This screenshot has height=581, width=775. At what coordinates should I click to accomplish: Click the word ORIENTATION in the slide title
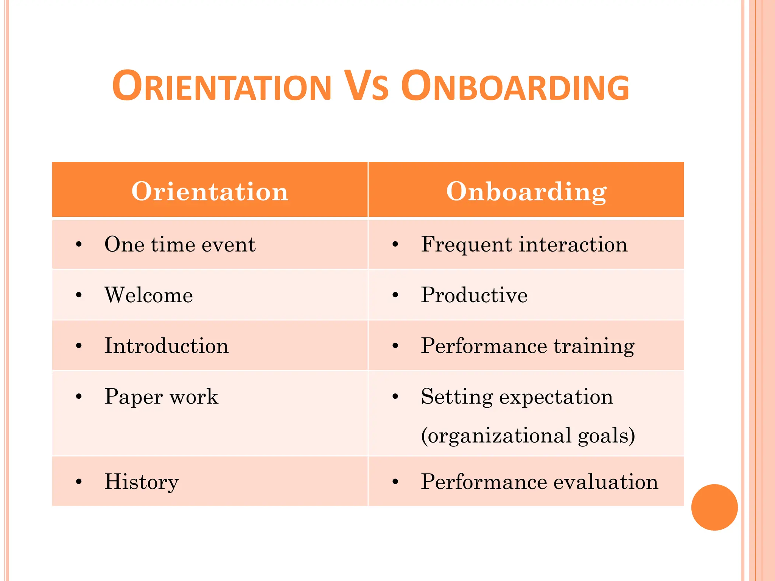(x=222, y=87)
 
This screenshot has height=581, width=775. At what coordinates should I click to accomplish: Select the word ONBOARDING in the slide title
(x=515, y=87)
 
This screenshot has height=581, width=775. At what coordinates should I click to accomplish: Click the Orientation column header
(x=210, y=191)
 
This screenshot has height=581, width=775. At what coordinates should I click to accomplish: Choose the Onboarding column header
(x=526, y=191)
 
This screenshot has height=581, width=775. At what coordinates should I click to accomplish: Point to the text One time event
(x=180, y=244)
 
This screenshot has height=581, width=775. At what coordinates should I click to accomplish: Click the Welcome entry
(x=149, y=295)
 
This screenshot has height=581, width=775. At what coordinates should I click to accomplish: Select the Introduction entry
(x=167, y=346)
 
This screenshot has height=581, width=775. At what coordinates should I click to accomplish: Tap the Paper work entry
(x=162, y=397)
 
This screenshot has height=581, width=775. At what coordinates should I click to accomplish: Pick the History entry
(x=142, y=482)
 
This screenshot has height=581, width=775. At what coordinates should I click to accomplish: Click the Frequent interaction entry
(x=524, y=244)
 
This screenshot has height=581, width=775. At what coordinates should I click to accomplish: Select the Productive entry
(x=474, y=295)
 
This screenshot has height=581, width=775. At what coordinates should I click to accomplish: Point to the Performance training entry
(x=528, y=346)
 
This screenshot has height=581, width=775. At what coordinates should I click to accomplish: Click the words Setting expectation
(x=517, y=397)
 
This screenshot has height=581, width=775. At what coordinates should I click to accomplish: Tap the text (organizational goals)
(x=528, y=435)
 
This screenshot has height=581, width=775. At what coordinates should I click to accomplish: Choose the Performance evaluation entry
(x=540, y=482)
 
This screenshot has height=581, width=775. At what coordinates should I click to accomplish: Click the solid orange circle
(x=714, y=507)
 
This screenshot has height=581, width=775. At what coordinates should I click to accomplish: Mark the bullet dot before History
(x=79, y=482)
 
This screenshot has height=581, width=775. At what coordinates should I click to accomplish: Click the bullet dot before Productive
(x=395, y=295)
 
